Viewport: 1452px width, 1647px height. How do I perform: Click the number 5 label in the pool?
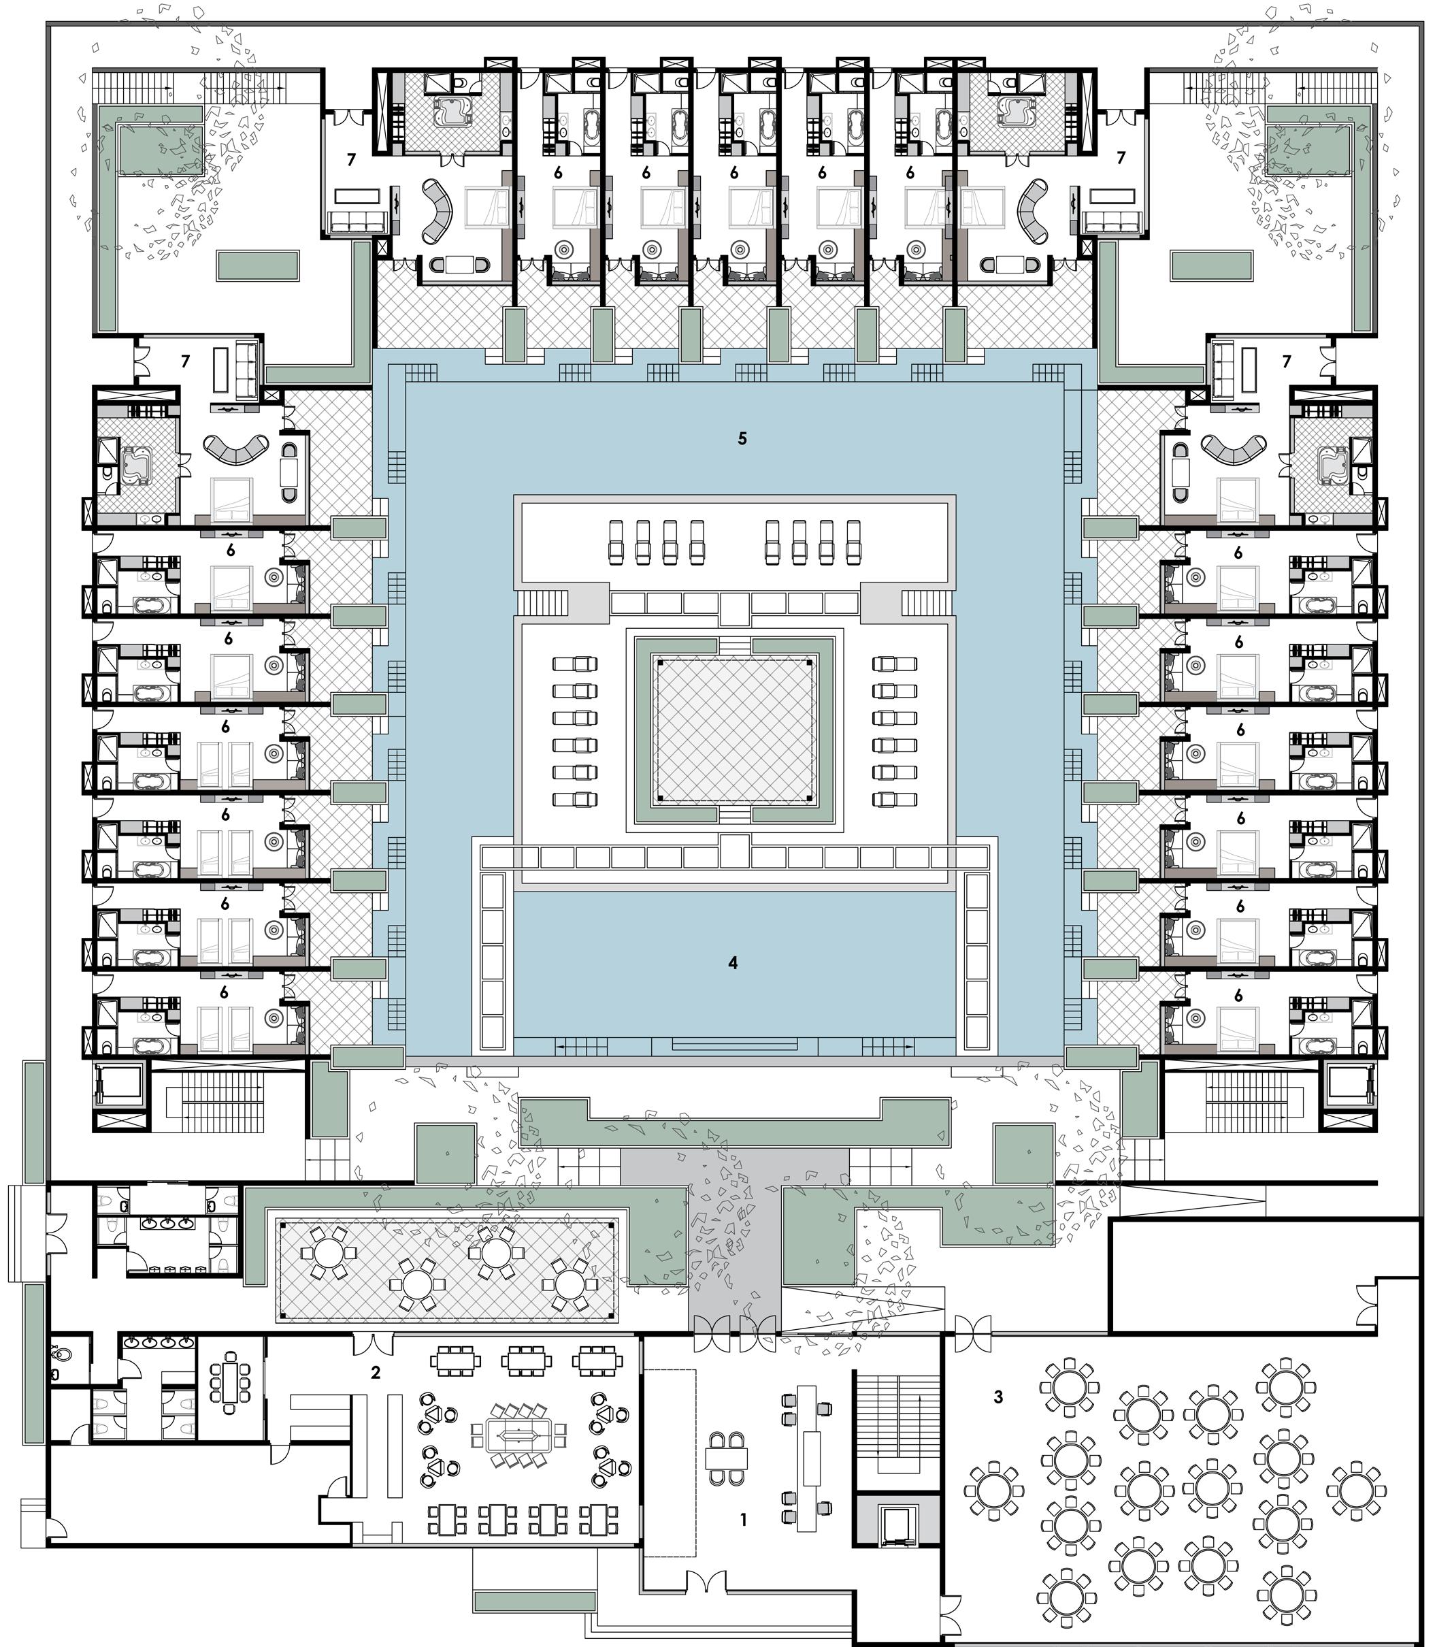742,438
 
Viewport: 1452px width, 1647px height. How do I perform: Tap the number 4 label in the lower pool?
732,962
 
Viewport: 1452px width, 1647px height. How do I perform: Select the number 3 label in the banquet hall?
998,1397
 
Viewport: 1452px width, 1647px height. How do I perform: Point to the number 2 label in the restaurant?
376,1372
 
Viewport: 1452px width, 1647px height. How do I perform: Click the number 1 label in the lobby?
743,1520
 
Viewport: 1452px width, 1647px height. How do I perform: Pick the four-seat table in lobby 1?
727,1458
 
